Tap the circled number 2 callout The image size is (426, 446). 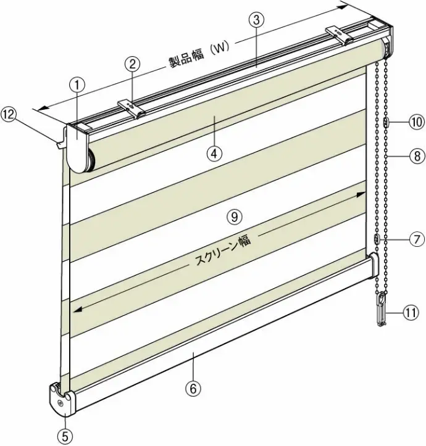pyautogui.click(x=132, y=65)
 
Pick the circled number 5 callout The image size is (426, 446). pyautogui.click(x=65, y=437)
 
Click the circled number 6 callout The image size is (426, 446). pyautogui.click(x=193, y=389)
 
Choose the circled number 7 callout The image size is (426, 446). pyautogui.click(x=416, y=240)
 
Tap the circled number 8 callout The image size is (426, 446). pyautogui.click(x=417, y=156)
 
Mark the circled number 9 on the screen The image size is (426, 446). pyautogui.click(x=235, y=217)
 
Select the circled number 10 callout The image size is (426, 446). pyautogui.click(x=416, y=122)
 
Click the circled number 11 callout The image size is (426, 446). pyautogui.click(x=411, y=313)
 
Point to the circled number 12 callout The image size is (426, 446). pyautogui.click(x=9, y=115)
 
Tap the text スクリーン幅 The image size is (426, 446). pyautogui.click(x=223, y=252)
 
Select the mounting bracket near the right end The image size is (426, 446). pyautogui.click(x=340, y=35)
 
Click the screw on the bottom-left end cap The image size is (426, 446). pyautogui.click(x=60, y=403)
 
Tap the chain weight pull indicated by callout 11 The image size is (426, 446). pyautogui.click(x=382, y=310)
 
